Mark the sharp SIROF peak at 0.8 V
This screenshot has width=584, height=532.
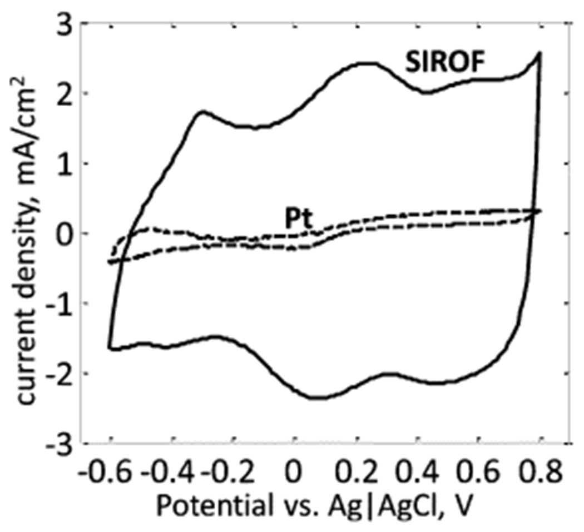tap(538, 53)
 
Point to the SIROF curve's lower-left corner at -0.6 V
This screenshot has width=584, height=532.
tap(110, 348)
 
